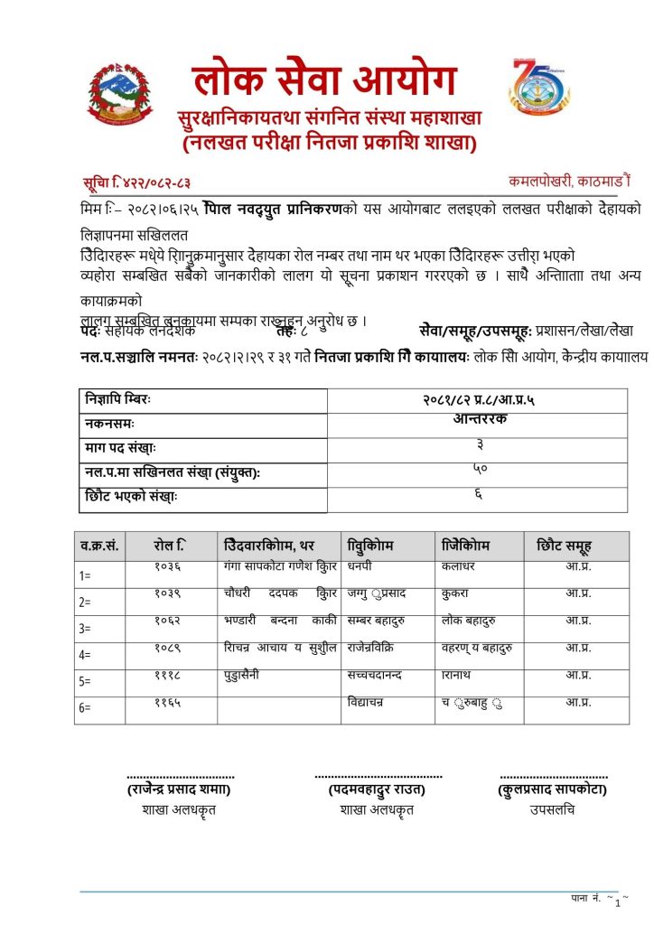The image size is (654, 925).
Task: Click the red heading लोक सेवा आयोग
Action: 325,80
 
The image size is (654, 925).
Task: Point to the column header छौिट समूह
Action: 564,546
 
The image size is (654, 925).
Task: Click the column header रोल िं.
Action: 170,546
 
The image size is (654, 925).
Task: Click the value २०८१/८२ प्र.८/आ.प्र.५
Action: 478,400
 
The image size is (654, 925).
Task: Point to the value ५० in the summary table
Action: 478,469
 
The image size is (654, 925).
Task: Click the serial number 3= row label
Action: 86,629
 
